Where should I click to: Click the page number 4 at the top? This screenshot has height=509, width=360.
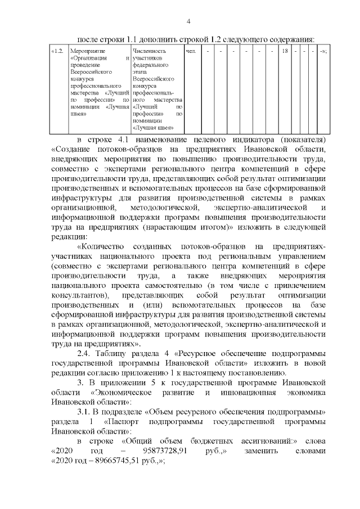pos(189,21)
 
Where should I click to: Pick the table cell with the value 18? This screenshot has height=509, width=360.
pos(285,52)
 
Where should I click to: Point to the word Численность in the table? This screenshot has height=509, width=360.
pos(148,52)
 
